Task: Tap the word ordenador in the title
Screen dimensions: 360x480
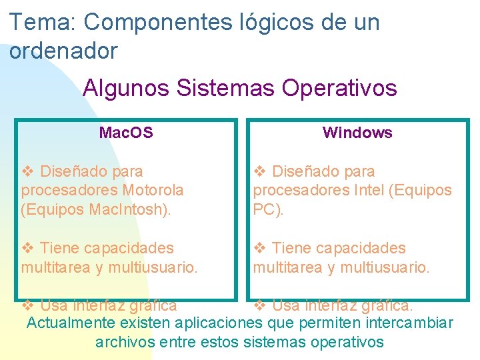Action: point(64,50)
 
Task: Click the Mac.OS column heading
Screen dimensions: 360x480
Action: point(125,133)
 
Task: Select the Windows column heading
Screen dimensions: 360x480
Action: point(357,133)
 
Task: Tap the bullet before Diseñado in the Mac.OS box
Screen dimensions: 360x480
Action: point(28,172)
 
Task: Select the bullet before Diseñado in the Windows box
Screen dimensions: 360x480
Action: point(261,172)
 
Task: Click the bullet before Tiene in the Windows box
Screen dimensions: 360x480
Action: point(261,249)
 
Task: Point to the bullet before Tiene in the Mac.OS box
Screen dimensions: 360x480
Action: point(28,249)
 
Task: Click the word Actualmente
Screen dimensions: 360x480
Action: point(71,324)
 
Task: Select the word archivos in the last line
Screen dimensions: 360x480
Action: point(125,343)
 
